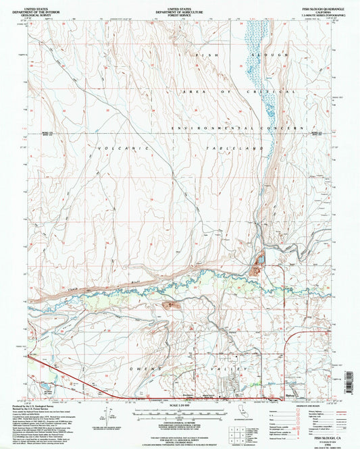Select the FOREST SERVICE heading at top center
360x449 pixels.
[179, 14]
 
